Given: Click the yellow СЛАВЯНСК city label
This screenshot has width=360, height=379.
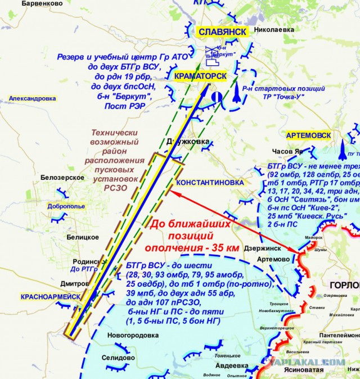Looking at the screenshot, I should click(x=223, y=32).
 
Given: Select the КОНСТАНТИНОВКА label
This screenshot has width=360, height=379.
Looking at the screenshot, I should click(x=210, y=183).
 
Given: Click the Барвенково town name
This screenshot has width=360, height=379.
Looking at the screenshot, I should click(x=42, y=4).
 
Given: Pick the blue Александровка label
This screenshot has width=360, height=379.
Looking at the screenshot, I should click(x=33, y=98).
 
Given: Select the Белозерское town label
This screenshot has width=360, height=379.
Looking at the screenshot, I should click(x=62, y=177).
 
